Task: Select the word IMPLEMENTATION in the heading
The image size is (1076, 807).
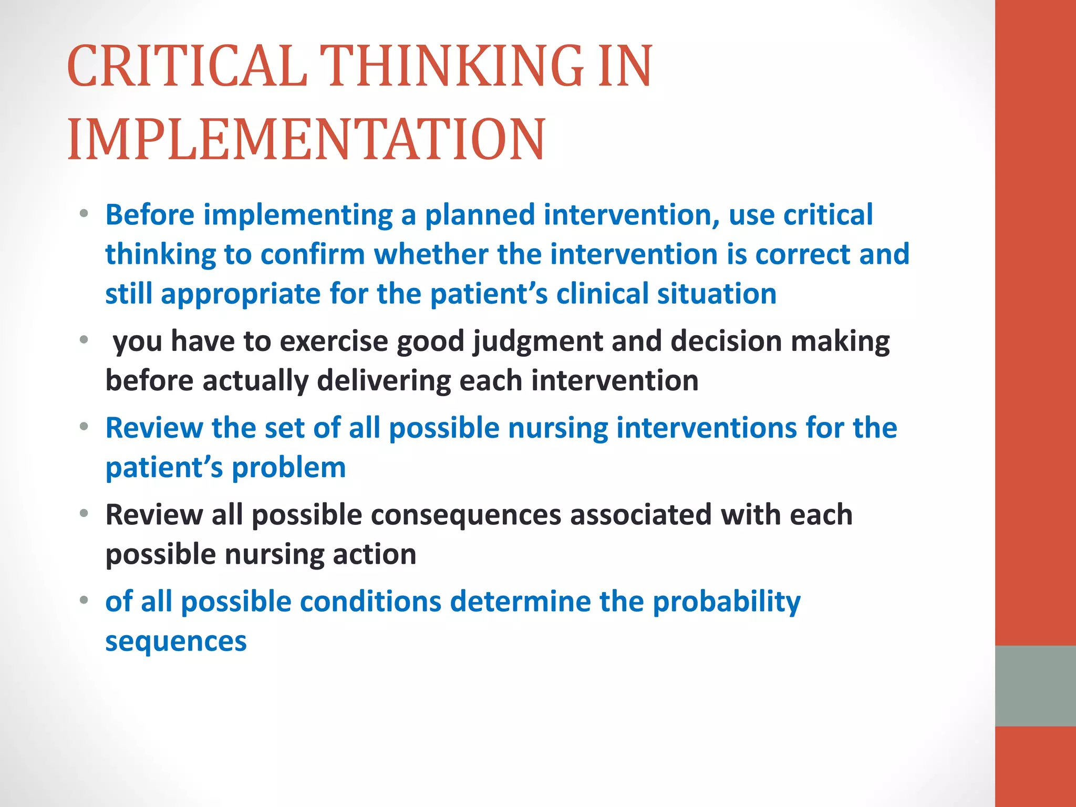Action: [306, 139]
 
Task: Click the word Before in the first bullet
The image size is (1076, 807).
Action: [150, 215]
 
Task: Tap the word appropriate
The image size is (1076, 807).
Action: [241, 294]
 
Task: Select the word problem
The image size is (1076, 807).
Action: [288, 468]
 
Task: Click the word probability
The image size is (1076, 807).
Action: [726, 602]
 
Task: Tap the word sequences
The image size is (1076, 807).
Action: [175, 642]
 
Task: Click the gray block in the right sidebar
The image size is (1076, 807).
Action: [1035, 686]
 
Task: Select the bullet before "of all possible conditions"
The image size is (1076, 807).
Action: [84, 600]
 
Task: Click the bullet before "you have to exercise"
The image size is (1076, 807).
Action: [84, 340]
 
